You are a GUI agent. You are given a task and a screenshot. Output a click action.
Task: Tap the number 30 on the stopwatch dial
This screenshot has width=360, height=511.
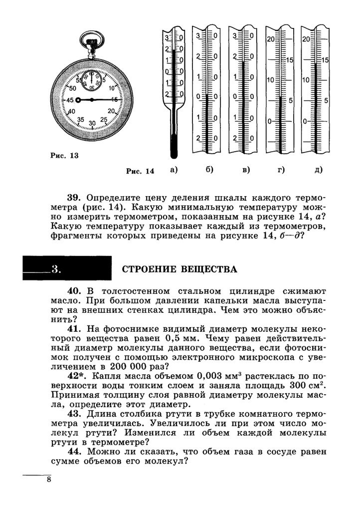[92, 123]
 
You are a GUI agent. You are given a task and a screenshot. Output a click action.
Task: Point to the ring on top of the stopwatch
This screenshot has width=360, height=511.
[91, 39]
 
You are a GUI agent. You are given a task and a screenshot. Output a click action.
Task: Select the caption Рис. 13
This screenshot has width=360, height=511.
[65, 155]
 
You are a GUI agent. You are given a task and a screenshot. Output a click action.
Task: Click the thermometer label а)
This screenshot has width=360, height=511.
[173, 170]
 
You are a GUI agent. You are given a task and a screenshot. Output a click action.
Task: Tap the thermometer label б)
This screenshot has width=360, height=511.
[209, 170]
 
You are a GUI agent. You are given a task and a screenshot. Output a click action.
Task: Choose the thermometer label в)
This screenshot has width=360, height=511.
[245, 170]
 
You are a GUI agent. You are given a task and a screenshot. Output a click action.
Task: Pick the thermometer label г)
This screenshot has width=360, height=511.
[281, 170]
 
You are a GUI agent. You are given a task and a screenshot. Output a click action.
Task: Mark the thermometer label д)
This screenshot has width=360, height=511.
[318, 170]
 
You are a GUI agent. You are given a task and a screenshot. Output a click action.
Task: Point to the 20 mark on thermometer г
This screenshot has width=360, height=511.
[271, 39]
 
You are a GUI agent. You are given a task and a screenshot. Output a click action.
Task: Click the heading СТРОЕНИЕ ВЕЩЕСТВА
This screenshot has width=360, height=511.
[180, 270]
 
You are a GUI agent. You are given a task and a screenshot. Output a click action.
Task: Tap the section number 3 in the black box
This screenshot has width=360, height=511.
[56, 270]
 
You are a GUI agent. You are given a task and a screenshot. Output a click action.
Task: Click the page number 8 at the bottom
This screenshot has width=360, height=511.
[48, 480]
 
